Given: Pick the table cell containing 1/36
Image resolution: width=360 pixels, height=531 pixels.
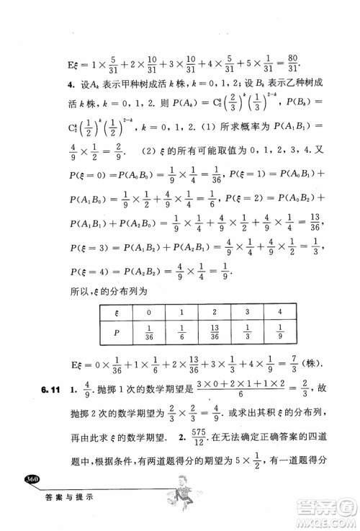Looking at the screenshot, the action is point(127,338).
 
